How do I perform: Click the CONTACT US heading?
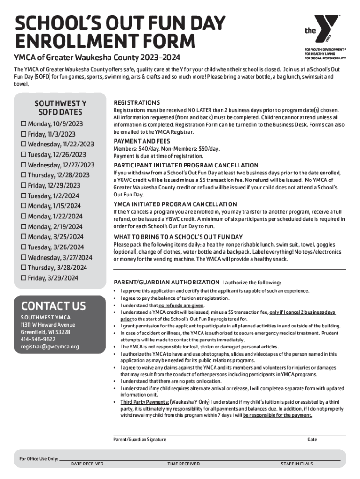pos(53,306)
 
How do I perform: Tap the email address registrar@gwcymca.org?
pos(50,347)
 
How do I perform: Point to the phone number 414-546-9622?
pos(38,339)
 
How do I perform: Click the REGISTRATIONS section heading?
pos(137,102)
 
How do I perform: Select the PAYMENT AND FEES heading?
pos(142,141)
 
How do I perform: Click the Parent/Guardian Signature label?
pos(139,439)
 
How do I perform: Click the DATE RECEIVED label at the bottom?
pos(87,464)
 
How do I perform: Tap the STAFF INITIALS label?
pos(296,464)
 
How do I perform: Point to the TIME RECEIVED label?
pos(183,464)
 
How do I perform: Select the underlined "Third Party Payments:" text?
pos(144,402)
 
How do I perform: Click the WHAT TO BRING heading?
pos(178,237)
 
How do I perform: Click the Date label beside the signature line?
pos(312,439)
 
